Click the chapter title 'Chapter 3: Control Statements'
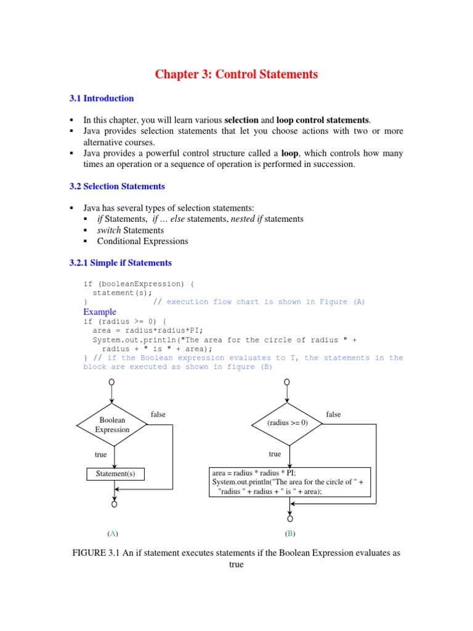tap(236, 75)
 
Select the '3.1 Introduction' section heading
tap(101, 98)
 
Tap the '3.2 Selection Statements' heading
tap(116, 185)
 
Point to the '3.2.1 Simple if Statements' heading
tap(120, 263)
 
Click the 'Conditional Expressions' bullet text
tap(142, 241)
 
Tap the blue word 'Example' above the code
tap(99, 312)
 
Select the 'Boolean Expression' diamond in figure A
tap(112, 425)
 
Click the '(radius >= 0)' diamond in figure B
tap(287, 423)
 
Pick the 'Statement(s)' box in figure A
tap(115, 474)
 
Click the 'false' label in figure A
tap(158, 414)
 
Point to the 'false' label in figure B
tap(333, 414)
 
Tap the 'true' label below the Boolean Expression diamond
tap(100, 454)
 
